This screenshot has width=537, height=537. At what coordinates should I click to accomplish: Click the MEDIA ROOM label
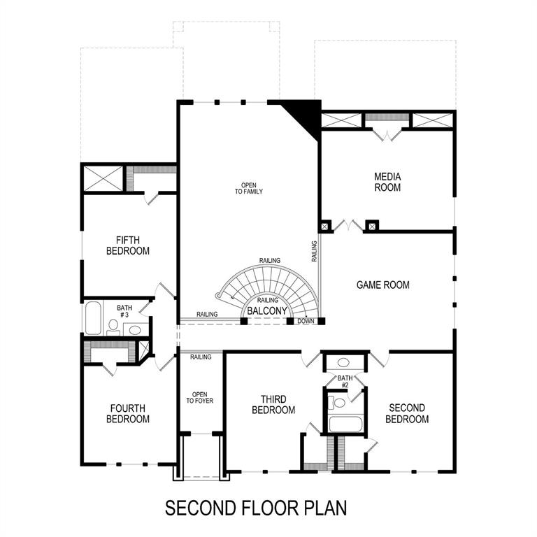[387, 182]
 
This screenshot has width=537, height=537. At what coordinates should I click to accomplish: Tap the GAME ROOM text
[383, 285]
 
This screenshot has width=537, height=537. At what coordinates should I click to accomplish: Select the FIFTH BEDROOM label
[128, 245]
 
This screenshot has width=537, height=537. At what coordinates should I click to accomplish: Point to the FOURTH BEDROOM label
[128, 413]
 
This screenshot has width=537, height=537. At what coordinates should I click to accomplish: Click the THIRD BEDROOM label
[273, 405]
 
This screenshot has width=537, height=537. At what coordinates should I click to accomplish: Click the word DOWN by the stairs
[306, 321]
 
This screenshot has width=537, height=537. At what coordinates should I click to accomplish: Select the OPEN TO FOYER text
[199, 396]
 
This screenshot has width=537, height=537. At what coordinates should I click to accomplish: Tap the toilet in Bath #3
[113, 326]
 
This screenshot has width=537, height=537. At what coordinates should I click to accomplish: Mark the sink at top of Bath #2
[344, 363]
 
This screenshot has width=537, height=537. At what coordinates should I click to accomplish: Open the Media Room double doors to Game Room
[348, 226]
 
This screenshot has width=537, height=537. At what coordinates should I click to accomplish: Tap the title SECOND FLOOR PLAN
[256, 508]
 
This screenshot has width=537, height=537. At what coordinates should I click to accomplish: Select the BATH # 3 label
[124, 311]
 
